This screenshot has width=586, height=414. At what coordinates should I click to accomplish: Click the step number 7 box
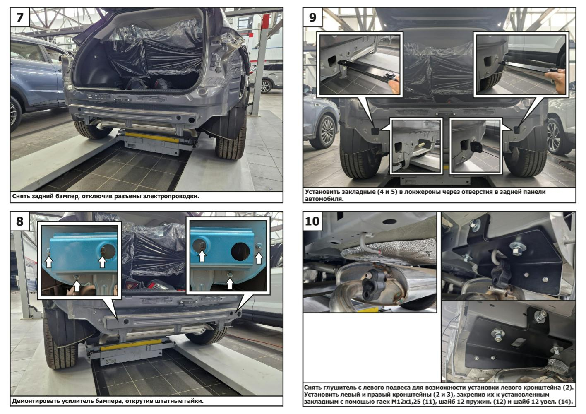coord(20,17)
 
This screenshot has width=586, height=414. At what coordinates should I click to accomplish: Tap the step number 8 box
coord(20,221)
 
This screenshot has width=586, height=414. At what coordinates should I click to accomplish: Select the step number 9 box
coord(312,17)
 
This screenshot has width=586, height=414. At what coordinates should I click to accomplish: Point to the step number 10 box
coord(312,221)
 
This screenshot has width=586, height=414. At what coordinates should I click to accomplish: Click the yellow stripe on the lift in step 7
coord(152,137)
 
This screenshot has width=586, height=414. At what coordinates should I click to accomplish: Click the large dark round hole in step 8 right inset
coord(240,251)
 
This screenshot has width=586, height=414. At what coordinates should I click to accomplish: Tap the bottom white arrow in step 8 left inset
coord(77,286)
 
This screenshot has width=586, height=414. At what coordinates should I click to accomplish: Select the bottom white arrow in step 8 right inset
coord(230,284)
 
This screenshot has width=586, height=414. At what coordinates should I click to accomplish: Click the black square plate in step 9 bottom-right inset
coord(476,147)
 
